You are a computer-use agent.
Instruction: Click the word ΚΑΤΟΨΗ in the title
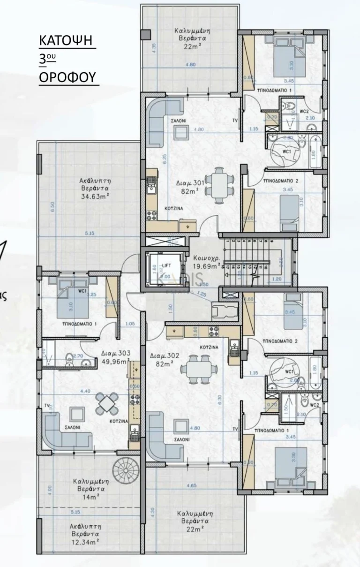coord(67,42)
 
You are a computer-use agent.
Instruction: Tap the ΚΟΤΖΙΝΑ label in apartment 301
coord(171,208)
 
